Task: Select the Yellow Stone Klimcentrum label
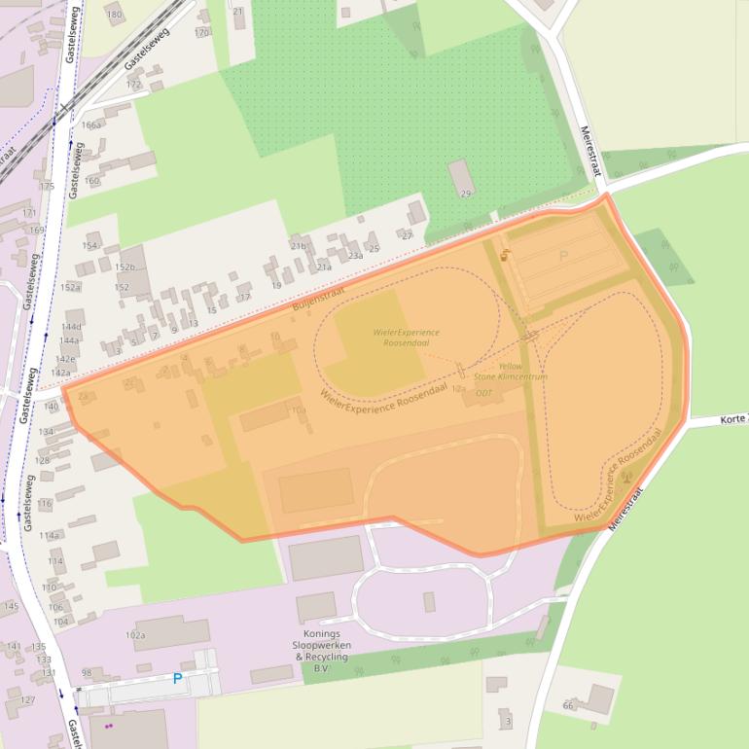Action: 511,372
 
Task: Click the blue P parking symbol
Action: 177,679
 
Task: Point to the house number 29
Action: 465,195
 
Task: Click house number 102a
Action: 135,636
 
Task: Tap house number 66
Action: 568,705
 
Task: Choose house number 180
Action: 114,15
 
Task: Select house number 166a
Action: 92,125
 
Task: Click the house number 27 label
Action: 407,235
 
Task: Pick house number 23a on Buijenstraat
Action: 355,256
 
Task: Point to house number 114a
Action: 50,536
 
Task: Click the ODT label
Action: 483,393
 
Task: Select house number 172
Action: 133,85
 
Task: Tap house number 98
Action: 87,673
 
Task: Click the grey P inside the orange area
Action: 563,257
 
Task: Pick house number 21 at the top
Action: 238,11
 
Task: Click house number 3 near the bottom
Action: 508,722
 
